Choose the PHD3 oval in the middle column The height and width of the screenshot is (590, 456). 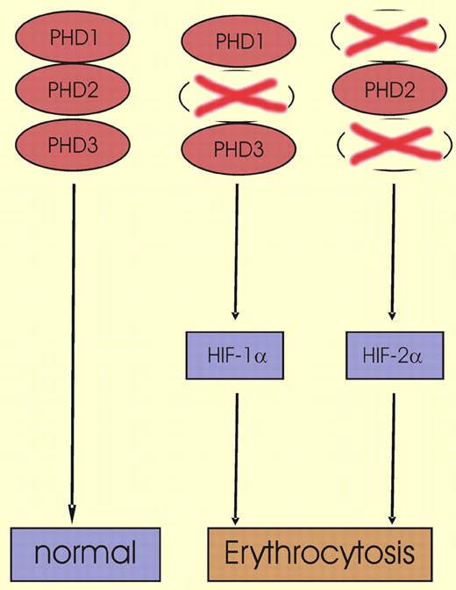235,147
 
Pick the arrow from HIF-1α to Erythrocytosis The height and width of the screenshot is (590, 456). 235,452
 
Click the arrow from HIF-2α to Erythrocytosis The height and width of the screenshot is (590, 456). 392,452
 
